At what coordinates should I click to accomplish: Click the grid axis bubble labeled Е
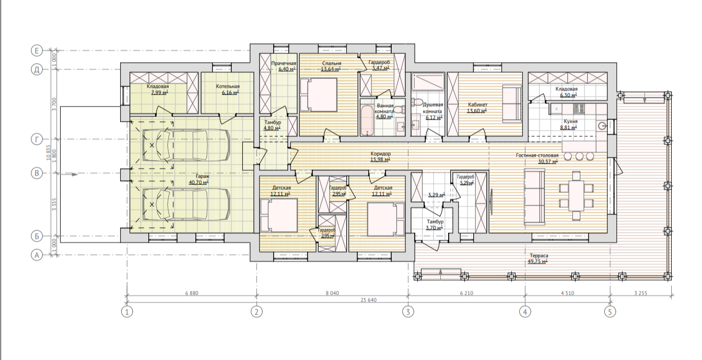click(37, 51)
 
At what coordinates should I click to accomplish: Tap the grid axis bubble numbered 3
click(408, 312)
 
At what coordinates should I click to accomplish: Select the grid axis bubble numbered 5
click(610, 312)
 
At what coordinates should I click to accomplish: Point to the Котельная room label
click(228, 86)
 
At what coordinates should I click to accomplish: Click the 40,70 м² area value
click(198, 182)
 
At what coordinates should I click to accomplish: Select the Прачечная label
click(283, 63)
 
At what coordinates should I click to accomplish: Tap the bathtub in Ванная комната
click(367, 121)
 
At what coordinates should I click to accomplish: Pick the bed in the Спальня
click(319, 95)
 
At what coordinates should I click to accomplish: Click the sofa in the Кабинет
click(512, 103)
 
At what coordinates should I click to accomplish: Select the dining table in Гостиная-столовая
click(576, 196)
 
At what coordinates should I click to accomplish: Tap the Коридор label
click(380, 154)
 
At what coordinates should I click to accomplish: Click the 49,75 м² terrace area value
click(538, 262)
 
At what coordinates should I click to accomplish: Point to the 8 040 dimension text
click(332, 293)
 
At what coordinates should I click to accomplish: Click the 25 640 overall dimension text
click(368, 300)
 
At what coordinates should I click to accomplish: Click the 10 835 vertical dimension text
click(48, 153)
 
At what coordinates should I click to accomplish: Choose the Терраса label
click(539, 256)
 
